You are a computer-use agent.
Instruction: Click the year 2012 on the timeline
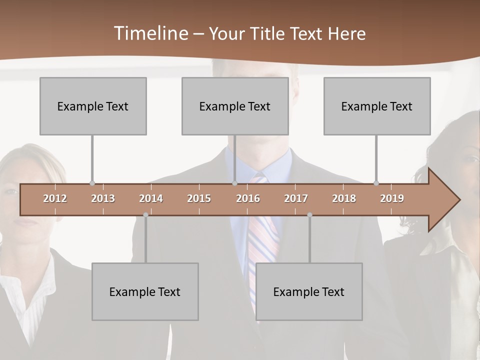pyautogui.click(x=55, y=198)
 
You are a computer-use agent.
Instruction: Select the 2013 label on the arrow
pyautogui.click(x=103, y=198)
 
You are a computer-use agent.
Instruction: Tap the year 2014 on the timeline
pyautogui.click(x=151, y=198)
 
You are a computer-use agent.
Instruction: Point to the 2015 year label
pyautogui.click(x=199, y=198)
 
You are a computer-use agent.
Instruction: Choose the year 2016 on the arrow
pyautogui.click(x=248, y=198)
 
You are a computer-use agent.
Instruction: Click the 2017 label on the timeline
pyautogui.click(x=296, y=198)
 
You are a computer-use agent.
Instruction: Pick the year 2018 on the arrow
pyautogui.click(x=344, y=198)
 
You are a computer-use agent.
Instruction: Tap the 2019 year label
pyautogui.click(x=392, y=198)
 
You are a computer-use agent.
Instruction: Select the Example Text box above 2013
pyautogui.click(x=93, y=106)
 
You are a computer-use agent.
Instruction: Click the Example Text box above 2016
pyautogui.click(x=235, y=106)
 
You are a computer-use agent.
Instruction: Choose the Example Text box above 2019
pyautogui.click(x=377, y=106)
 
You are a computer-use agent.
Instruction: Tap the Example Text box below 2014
pyautogui.click(x=145, y=291)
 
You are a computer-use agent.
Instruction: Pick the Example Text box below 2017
pyautogui.click(x=309, y=291)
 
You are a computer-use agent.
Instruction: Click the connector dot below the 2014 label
pyautogui.click(x=145, y=215)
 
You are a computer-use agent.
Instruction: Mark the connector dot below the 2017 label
pyautogui.click(x=309, y=215)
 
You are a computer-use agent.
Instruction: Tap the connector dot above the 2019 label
pyautogui.click(x=376, y=183)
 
